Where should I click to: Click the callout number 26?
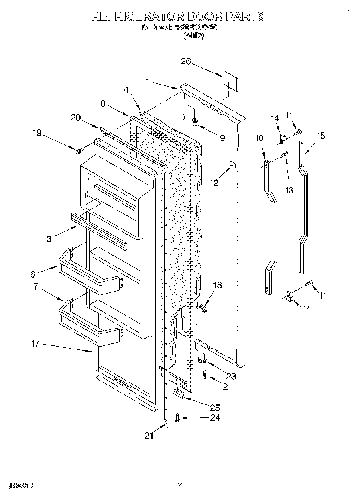185,61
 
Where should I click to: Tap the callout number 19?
37,133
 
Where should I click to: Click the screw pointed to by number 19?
79,150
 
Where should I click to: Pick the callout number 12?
214,183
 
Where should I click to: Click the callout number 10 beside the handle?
260,138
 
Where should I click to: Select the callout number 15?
321,136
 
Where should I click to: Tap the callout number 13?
289,191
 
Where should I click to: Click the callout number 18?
217,285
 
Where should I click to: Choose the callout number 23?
231,376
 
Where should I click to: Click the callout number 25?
215,408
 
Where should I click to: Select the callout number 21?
149,436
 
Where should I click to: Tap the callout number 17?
35,343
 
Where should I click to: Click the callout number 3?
49,239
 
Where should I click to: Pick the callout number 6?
33,274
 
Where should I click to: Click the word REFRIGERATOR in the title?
137,17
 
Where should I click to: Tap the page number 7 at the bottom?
180,485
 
